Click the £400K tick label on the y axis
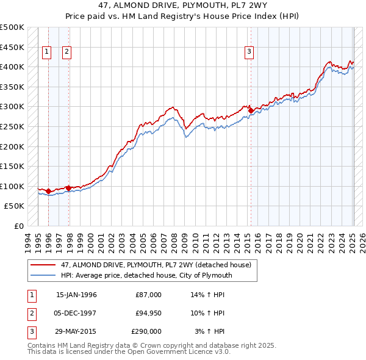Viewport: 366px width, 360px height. (12, 67)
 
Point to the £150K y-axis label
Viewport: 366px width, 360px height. (12, 166)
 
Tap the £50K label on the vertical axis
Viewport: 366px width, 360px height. (15, 206)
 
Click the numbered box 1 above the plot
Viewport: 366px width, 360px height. (46, 52)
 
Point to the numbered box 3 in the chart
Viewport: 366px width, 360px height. (249, 52)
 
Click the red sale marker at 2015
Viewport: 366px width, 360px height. (251, 110)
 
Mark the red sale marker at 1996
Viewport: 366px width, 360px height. (48, 192)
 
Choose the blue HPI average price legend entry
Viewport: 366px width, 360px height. (146, 275)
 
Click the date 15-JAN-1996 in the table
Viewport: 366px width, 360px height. (76, 295)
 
